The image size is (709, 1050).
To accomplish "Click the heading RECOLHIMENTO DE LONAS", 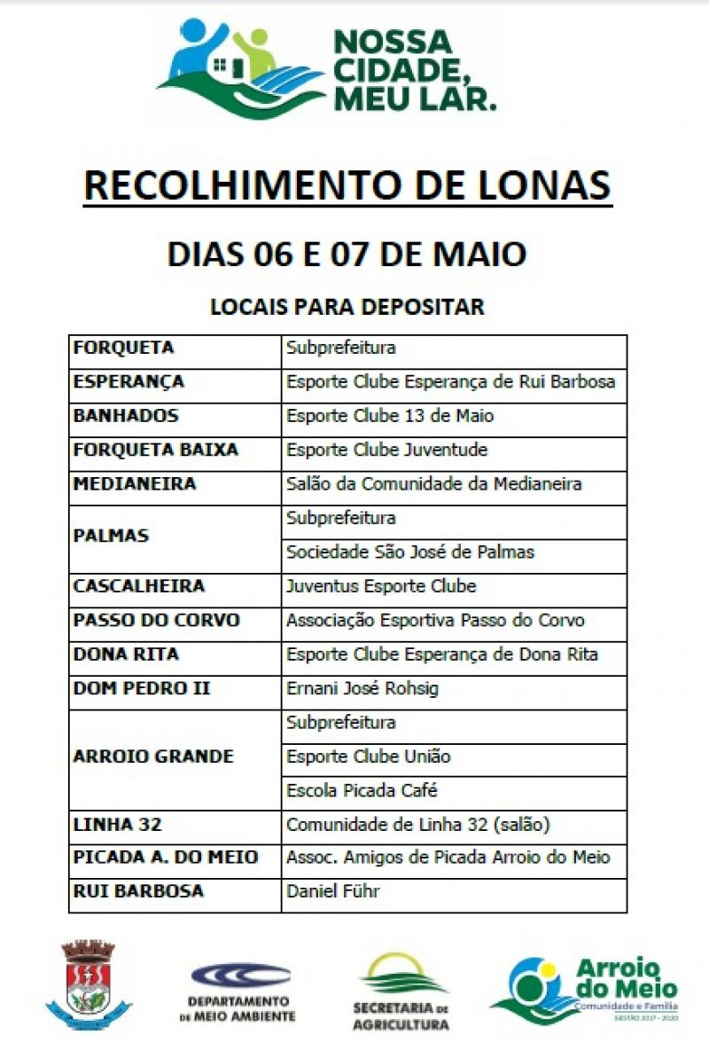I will tap(347, 185).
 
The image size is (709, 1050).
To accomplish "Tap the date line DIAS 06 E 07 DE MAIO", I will tap(347, 254).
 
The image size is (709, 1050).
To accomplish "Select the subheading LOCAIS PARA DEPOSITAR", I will tap(347, 307).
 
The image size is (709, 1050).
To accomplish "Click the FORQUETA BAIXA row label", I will tap(155, 450).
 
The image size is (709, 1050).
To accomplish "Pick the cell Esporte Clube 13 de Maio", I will tap(390, 416).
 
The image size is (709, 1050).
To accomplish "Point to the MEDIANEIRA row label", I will tap(135, 484).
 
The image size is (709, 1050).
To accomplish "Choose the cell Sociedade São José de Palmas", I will tap(410, 552).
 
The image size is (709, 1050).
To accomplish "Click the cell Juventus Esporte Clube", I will tap(381, 586).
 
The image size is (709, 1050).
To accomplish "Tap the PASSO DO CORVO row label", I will tap(157, 620).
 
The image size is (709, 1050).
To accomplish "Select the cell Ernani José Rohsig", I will tap(362, 688).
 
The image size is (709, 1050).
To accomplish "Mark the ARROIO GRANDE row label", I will tap(153, 756).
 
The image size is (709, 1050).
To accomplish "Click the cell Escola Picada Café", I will tap(362, 790).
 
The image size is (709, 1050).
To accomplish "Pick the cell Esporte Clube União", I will tap(369, 756).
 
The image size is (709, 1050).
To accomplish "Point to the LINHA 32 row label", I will tap(117, 825).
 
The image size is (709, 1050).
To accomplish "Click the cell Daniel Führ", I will tap(332, 892).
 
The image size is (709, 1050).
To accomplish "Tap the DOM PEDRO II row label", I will tap(142, 688).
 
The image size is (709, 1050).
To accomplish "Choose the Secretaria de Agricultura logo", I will tap(401, 991).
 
